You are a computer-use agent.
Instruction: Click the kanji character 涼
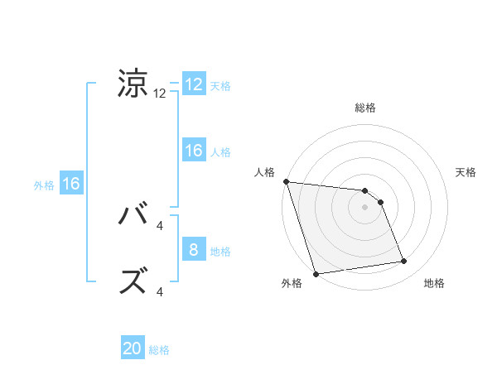133,84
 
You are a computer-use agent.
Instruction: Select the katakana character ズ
133,282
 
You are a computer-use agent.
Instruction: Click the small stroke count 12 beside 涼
160,94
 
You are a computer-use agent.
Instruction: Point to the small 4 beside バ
160,226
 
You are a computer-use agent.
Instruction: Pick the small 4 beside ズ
160,291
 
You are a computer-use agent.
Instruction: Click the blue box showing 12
194,84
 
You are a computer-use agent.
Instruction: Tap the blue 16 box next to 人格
194,151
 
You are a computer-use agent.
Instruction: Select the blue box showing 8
194,250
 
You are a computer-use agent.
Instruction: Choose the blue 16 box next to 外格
71,184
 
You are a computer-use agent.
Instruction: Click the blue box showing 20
133,349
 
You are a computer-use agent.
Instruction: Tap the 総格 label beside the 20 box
159,350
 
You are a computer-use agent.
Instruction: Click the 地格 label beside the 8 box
220,251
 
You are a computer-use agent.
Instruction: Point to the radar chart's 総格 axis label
364,108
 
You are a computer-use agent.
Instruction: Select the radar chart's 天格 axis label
466,172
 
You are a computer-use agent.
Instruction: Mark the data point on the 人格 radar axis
286,181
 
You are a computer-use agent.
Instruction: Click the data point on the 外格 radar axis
316,274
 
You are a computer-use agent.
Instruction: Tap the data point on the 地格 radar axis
404,262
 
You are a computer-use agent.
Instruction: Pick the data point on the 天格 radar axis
381,202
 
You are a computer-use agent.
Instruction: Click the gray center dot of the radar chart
364,207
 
